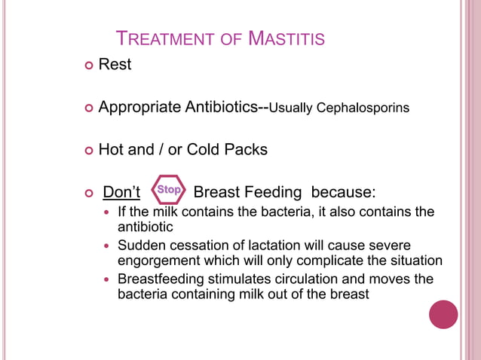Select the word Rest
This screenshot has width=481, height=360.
pyautogui.click(x=115, y=65)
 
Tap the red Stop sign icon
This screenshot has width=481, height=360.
pyautogui.click(x=168, y=190)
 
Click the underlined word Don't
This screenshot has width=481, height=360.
pyautogui.click(x=121, y=191)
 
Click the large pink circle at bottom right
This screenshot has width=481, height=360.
pyautogui.click(x=443, y=314)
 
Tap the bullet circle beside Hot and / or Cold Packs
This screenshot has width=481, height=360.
pyautogui.click(x=90, y=151)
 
